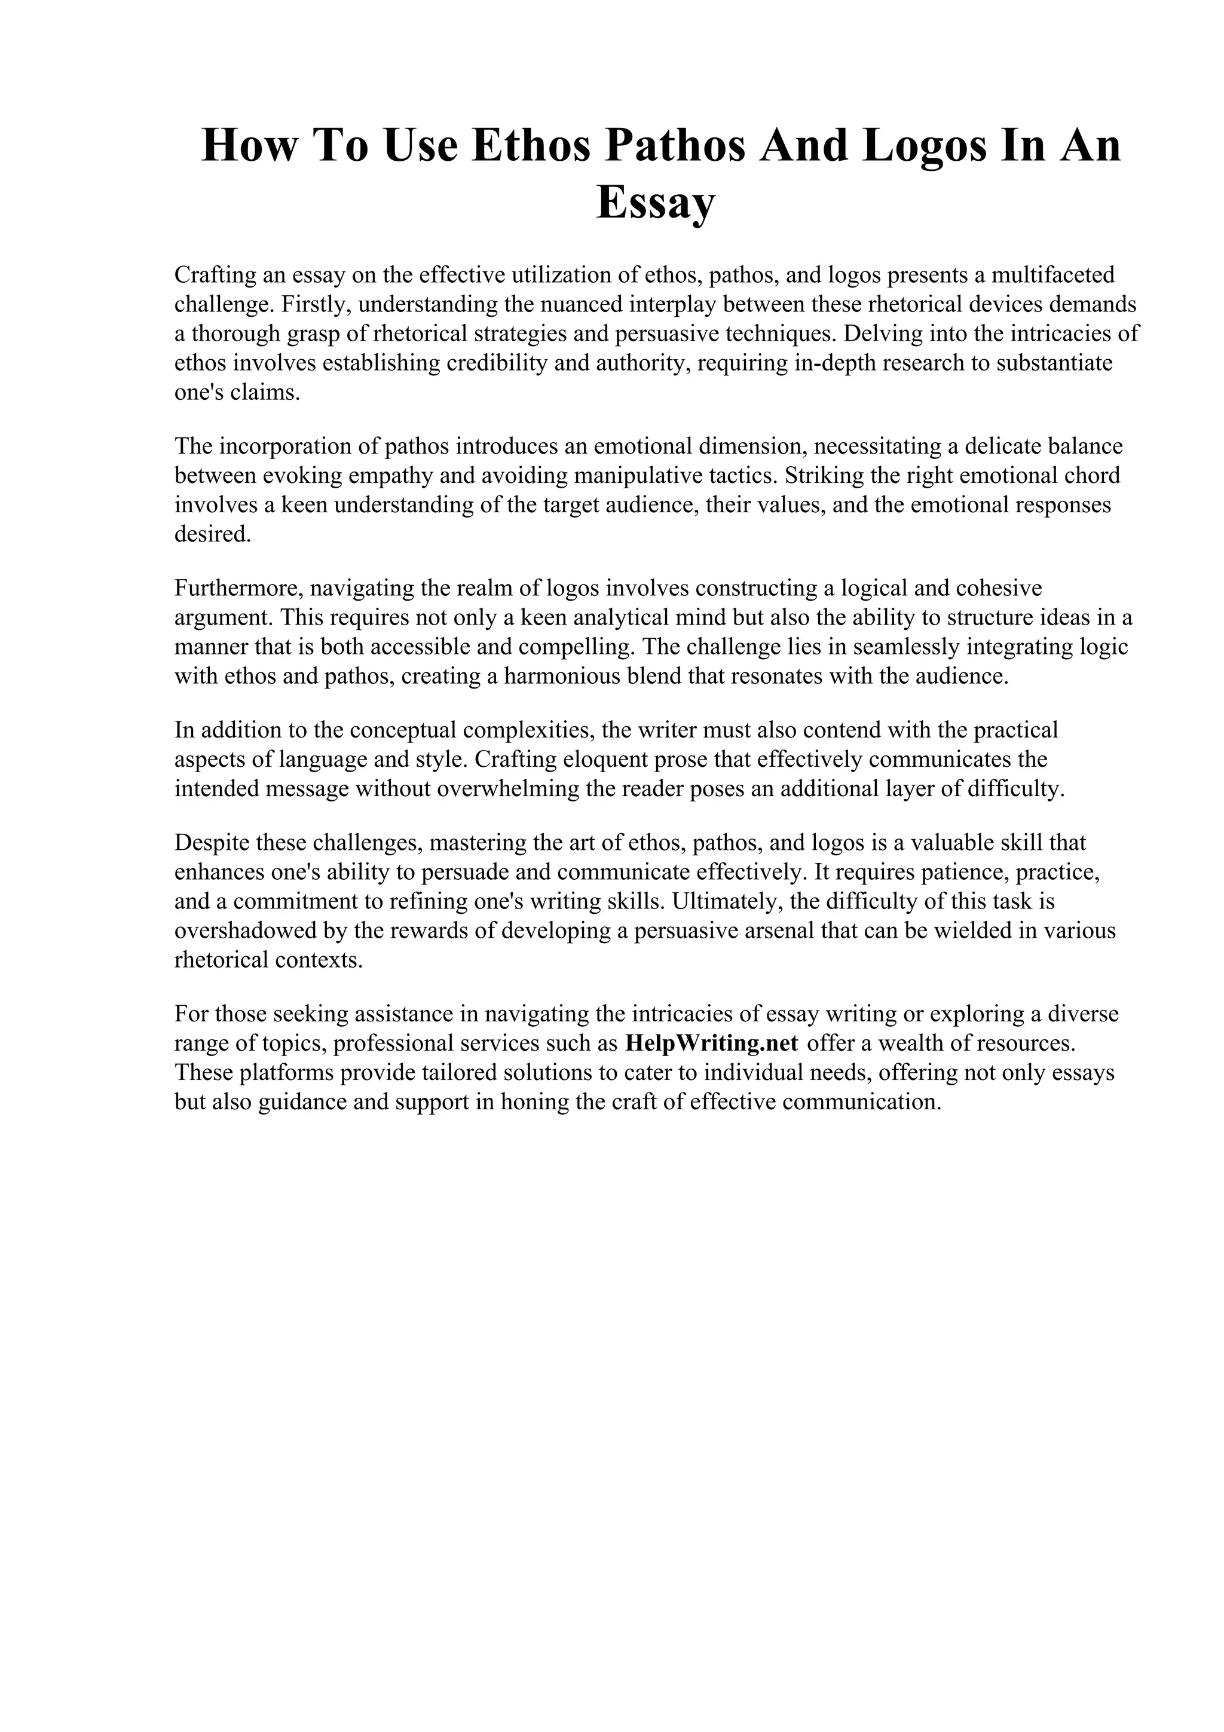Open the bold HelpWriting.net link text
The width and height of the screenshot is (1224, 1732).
click(712, 1044)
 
